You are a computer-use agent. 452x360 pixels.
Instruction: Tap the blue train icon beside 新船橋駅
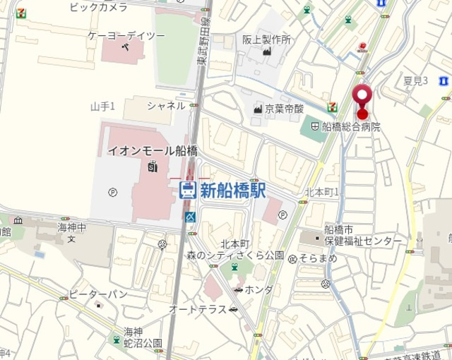pyautogui.click(x=188, y=189)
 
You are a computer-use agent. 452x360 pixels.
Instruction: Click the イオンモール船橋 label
pyautogui.click(x=152, y=150)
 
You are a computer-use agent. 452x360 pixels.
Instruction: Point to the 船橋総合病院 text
pyautogui.click(x=351, y=127)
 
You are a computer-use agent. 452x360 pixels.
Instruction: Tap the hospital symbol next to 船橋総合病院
pyautogui.click(x=315, y=127)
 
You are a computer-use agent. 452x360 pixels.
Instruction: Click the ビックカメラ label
pyautogui.click(x=99, y=7)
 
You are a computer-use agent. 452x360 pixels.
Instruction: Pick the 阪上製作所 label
pyautogui.click(x=266, y=40)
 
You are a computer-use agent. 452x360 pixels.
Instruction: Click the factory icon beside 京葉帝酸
pyautogui.click(x=258, y=109)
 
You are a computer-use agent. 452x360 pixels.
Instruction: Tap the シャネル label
pyautogui.click(x=166, y=105)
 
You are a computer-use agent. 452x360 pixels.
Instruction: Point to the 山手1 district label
pyautogui.click(x=103, y=106)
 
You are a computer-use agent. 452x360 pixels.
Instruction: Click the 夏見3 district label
pyautogui.click(x=416, y=80)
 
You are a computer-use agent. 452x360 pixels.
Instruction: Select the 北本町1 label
pyautogui.click(x=322, y=192)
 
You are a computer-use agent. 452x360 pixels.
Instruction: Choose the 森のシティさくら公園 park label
pyautogui.click(x=235, y=255)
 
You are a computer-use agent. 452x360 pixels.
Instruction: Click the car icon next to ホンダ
pyautogui.click(x=239, y=289)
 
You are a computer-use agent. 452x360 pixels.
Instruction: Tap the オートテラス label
pyautogui.click(x=198, y=309)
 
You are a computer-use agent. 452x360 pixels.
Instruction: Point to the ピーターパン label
pyautogui.click(x=98, y=294)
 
